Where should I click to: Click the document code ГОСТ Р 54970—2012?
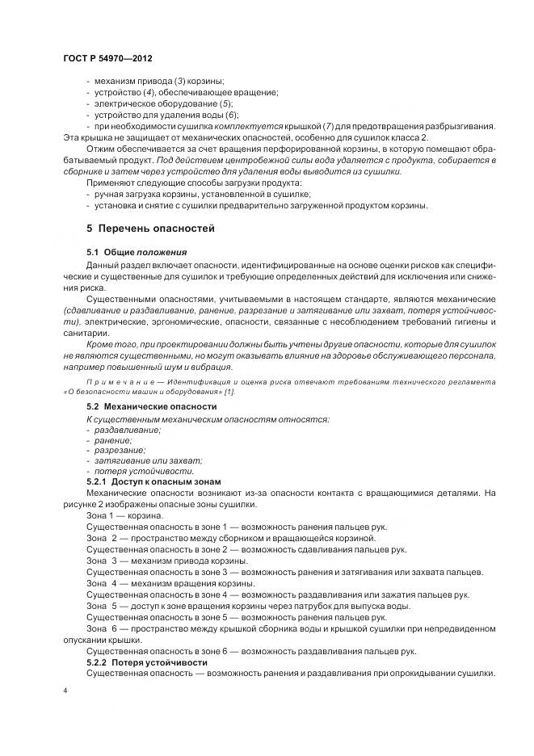pos(107,59)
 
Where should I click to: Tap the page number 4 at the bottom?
pos(65,690)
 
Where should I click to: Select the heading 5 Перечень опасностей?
pos(151,229)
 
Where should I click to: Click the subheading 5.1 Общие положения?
pos(136,253)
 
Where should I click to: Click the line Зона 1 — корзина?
pos(124,514)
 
